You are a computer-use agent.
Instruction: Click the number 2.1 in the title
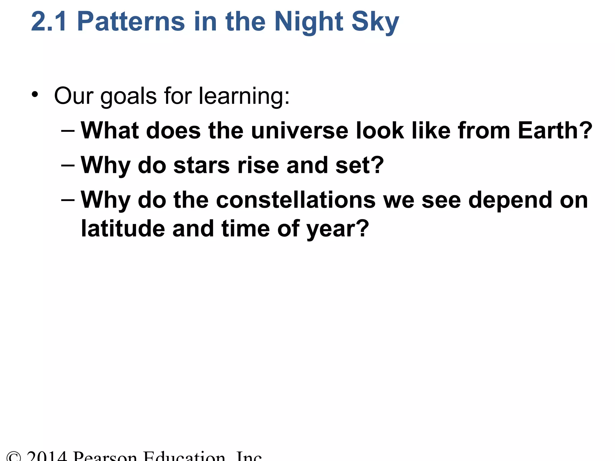(49, 22)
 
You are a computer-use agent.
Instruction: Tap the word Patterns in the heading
(131, 22)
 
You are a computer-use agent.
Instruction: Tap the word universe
(299, 131)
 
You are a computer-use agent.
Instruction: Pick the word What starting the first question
(110, 131)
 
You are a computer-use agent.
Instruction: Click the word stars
(201, 165)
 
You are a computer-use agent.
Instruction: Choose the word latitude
(123, 229)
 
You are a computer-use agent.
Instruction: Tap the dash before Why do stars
(68, 165)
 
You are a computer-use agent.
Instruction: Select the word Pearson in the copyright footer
(105, 456)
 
